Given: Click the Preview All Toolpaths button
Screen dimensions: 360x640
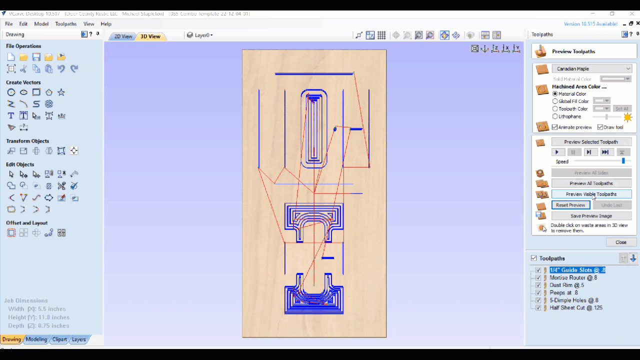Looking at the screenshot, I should click(x=591, y=183).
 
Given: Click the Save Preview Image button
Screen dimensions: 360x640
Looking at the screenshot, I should click(x=591, y=216).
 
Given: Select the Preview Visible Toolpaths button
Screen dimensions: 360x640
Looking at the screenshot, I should click(x=591, y=194).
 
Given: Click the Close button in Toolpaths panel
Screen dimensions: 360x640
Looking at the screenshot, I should click(x=620, y=242).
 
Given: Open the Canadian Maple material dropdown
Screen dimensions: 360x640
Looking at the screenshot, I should click(x=592, y=69).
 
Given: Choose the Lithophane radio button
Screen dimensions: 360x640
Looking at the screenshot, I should click(x=555, y=116).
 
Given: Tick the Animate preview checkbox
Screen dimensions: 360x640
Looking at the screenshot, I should click(x=554, y=127).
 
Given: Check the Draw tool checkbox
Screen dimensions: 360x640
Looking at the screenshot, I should click(x=600, y=127).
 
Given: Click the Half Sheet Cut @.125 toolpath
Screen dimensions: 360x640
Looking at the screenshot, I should click(x=575, y=308).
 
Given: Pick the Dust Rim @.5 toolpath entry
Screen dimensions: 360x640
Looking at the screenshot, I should click(x=566, y=285).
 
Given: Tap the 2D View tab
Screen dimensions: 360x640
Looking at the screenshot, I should click(x=123, y=36).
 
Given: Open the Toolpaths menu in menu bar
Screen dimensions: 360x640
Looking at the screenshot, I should click(x=65, y=24).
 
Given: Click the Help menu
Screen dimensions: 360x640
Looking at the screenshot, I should click(x=106, y=24).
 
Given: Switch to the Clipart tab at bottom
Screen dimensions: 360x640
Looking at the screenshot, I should click(x=59, y=339).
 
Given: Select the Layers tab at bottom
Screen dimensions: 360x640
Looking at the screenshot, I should click(x=79, y=339).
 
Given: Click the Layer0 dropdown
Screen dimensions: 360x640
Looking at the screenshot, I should click(x=200, y=35).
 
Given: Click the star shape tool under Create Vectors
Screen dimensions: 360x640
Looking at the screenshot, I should click(x=61, y=92).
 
